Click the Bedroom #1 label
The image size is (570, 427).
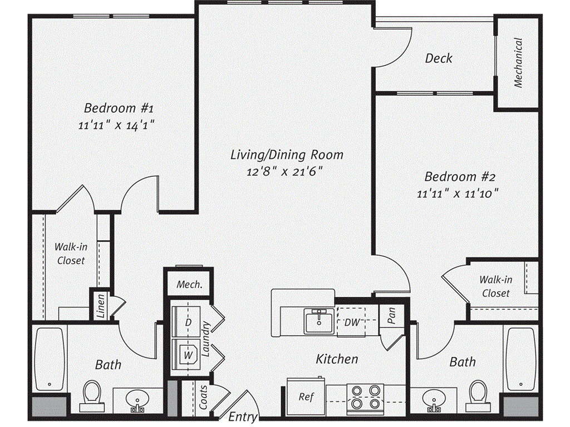coord(114,107)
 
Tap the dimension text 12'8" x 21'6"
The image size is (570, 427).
coord(284,171)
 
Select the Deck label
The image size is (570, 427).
coord(439,58)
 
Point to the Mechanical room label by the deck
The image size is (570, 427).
coord(518,62)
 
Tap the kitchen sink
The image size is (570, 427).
coord(318,321)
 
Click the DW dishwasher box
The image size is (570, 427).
coord(352,322)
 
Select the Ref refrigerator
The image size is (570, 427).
coord(306,396)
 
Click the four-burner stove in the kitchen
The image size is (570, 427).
coord(365,396)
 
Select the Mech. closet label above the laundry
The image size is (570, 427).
coord(189,285)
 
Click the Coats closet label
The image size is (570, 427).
coord(204,398)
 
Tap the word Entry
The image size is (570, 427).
coord(243,416)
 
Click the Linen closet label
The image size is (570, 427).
coord(101,306)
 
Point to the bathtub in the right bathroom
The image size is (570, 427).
coord(519,359)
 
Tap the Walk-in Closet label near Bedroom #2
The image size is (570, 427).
coord(495,286)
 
